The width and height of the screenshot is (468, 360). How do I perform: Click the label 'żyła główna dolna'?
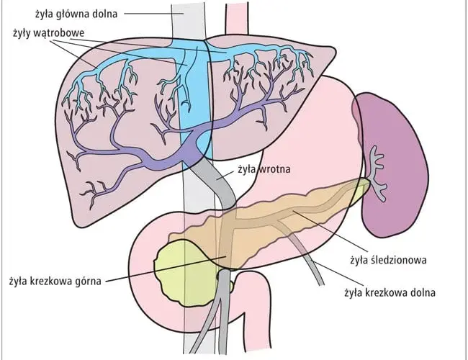point(76,14)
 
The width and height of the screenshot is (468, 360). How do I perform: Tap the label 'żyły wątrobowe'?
point(49,33)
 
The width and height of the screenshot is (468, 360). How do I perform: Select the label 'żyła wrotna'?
point(264,169)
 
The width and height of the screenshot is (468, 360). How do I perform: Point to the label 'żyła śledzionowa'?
point(388,260)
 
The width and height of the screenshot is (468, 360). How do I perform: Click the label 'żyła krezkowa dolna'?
point(390,292)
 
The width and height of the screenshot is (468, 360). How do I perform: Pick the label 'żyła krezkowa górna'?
point(55,281)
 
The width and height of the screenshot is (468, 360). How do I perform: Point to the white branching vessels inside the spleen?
point(377,173)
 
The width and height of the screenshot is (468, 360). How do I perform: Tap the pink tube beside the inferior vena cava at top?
point(237,19)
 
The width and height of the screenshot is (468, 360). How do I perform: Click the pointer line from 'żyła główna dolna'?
point(153,14)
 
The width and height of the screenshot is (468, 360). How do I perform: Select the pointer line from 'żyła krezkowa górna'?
point(166,269)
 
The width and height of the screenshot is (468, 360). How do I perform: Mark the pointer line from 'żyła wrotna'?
point(225,176)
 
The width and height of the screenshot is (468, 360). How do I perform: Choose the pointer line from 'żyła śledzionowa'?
point(330,230)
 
